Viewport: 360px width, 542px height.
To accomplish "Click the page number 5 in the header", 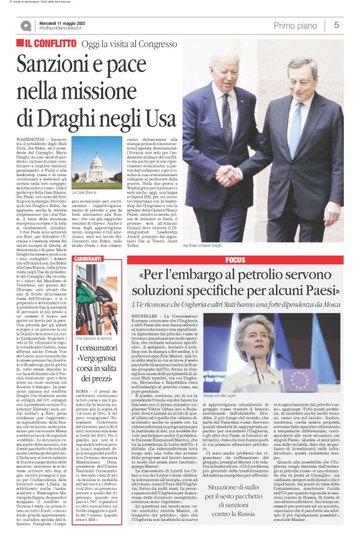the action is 336,25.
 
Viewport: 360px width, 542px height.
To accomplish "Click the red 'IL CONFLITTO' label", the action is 52,45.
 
